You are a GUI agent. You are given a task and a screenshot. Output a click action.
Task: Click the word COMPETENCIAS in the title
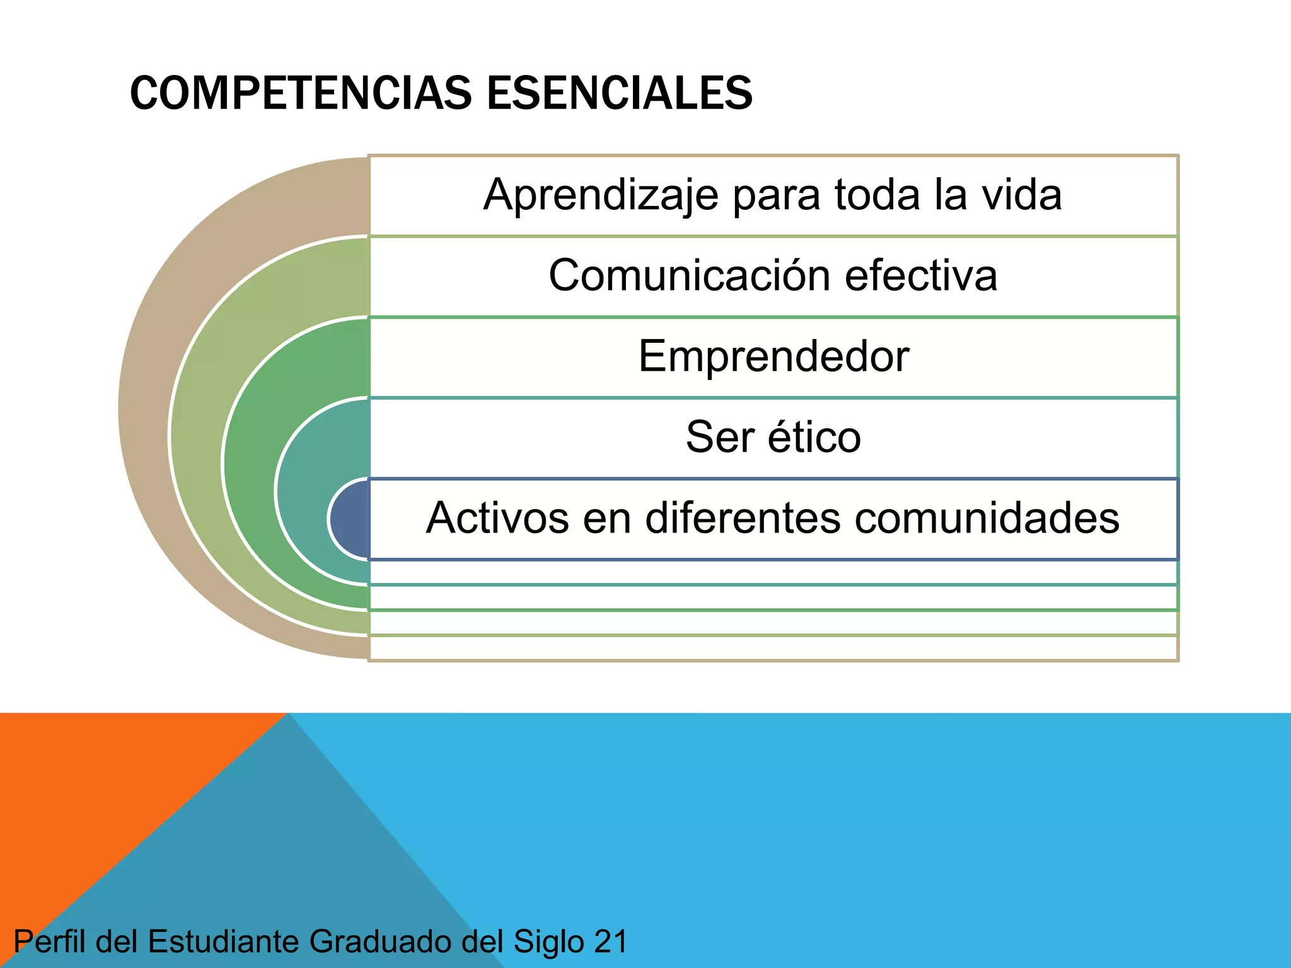pyautogui.click(x=301, y=93)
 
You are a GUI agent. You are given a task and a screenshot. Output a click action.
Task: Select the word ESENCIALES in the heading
pyautogui.click(x=620, y=93)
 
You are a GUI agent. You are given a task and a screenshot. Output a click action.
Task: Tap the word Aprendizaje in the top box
pyautogui.click(x=600, y=195)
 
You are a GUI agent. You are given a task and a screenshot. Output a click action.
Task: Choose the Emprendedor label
pyautogui.click(x=773, y=357)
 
